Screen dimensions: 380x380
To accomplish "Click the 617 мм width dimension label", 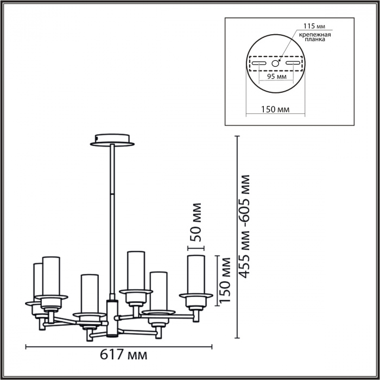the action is click(124, 356).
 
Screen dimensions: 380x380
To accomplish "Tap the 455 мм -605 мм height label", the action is click(244, 226).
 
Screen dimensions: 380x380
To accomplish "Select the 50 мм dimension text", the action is click(196, 222).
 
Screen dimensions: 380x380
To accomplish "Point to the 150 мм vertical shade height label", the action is click(224, 280).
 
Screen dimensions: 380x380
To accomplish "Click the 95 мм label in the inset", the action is click(276, 77).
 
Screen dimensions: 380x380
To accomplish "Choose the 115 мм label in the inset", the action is click(314, 26).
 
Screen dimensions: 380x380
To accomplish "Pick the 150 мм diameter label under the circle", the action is click(275, 109).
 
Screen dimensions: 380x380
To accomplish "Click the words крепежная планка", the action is click(315, 37).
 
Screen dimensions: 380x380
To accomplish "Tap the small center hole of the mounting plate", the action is click(275, 64).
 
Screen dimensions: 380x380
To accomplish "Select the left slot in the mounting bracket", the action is click(259, 64).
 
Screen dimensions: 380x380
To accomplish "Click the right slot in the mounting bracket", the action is click(293, 63).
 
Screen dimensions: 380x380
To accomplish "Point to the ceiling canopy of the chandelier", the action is click(112, 140).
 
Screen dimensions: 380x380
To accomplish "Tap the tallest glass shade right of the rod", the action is click(136, 270).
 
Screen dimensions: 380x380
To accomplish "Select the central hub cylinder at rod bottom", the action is click(112, 318).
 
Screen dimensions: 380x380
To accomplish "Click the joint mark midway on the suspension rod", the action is click(112, 194).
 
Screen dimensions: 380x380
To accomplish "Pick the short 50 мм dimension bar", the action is click(196, 248).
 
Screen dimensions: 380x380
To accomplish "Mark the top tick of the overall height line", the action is click(237, 136).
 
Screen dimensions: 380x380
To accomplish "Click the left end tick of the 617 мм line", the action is click(26, 347).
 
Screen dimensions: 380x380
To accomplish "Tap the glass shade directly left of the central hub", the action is click(90, 294).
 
